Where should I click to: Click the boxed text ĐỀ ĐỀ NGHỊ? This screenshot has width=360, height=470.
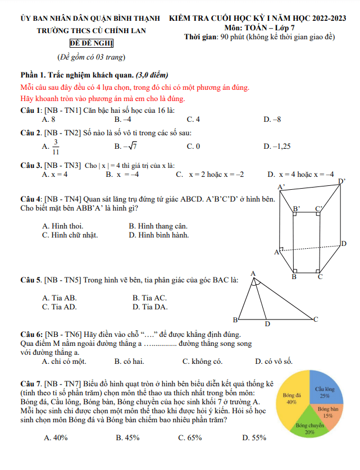92,43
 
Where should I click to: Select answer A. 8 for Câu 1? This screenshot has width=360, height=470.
49,120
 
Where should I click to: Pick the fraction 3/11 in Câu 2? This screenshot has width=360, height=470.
56,147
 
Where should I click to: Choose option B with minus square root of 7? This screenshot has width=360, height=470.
126,147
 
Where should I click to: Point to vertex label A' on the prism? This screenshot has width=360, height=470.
281,187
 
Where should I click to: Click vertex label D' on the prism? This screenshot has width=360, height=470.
343,181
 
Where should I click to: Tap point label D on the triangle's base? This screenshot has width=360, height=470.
268,324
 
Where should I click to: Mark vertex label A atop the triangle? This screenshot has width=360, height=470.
253,273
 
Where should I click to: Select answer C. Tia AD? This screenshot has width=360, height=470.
60,307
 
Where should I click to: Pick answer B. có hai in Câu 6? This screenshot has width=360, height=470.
129,362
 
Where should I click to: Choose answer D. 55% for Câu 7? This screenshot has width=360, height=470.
254,438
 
